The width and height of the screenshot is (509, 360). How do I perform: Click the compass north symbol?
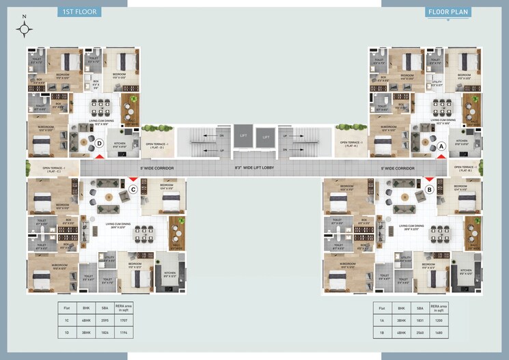pos(25,28)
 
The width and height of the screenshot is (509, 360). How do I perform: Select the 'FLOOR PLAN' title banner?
pos(447,12)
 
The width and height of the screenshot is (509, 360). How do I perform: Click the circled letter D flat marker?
pos(100,143)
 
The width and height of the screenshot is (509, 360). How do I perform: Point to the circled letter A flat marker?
pos(441,146)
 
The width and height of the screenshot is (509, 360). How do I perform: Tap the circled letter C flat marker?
pos(134,189)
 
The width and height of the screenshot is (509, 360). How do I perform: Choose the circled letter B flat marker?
pos(430,189)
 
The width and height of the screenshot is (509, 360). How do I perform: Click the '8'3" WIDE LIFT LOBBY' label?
pos(253,167)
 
